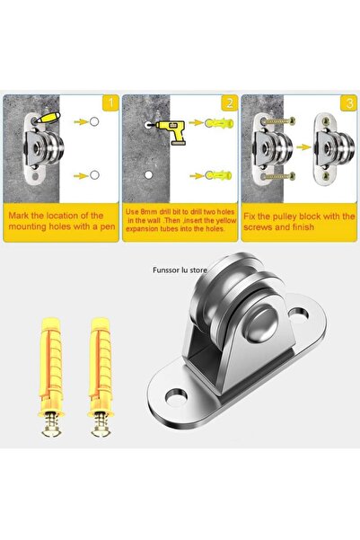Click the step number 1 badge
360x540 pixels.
110,102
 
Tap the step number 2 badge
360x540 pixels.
229,102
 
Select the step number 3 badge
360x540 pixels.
348,103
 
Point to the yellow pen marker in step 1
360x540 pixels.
48,118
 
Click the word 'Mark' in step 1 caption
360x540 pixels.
19,216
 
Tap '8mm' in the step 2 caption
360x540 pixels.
147,211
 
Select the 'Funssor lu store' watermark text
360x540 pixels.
180,270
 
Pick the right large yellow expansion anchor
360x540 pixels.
101,376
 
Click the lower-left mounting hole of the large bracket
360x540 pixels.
176,396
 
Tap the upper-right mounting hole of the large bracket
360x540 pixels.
298,313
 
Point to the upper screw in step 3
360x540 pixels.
278,121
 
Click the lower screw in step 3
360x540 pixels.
278,177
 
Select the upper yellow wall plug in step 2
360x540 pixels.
220,123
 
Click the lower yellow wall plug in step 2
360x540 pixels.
219,175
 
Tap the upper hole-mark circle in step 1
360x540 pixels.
94,121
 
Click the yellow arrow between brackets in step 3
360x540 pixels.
303,147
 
